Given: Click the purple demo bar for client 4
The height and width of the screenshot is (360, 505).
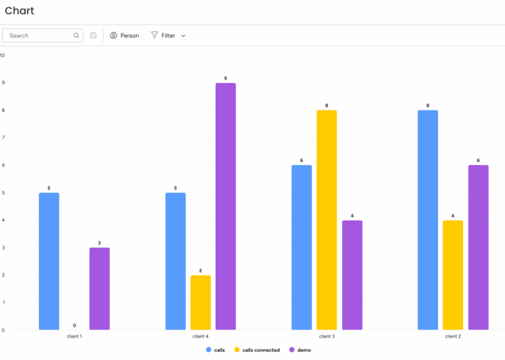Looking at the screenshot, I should point(226,206).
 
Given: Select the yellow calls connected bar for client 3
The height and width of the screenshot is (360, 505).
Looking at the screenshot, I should point(326,220).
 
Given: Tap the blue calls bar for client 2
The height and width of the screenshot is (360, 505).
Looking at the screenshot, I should point(427,220).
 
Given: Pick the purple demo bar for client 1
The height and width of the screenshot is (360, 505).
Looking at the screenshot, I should point(99,288).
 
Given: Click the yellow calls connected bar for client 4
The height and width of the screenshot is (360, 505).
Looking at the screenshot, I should point(201,302).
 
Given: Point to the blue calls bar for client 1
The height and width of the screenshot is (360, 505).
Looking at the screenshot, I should point(49,261).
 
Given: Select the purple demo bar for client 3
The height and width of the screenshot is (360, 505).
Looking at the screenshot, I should point(352,274).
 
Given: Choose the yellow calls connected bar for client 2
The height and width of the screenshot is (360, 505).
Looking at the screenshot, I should point(452,274).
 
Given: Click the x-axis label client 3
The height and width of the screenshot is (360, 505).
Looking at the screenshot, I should point(327,336).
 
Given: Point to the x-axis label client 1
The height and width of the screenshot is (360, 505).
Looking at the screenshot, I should point(74,336).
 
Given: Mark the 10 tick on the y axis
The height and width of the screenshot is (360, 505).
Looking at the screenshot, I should point(3,55).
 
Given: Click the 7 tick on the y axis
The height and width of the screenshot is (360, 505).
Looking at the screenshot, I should point(3,138).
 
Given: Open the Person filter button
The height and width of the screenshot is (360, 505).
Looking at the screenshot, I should point(124,36).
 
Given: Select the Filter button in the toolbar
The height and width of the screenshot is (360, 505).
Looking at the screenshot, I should point(168,36).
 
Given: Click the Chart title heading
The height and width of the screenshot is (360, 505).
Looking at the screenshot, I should point(19,11).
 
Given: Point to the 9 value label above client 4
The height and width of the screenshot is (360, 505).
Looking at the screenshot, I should point(226,78).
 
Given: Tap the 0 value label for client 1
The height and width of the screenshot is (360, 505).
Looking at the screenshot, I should point(74,325).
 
